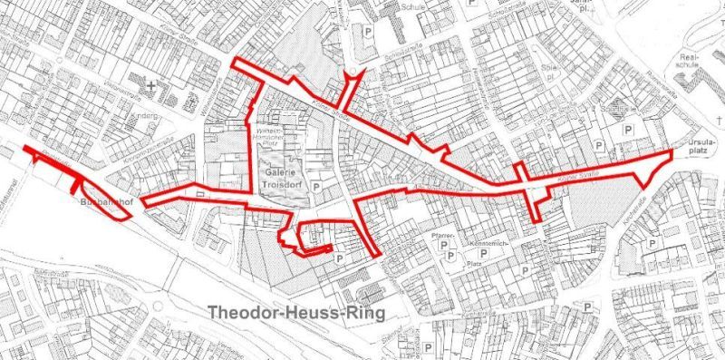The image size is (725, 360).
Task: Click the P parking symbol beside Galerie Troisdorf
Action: tap(315, 187)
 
